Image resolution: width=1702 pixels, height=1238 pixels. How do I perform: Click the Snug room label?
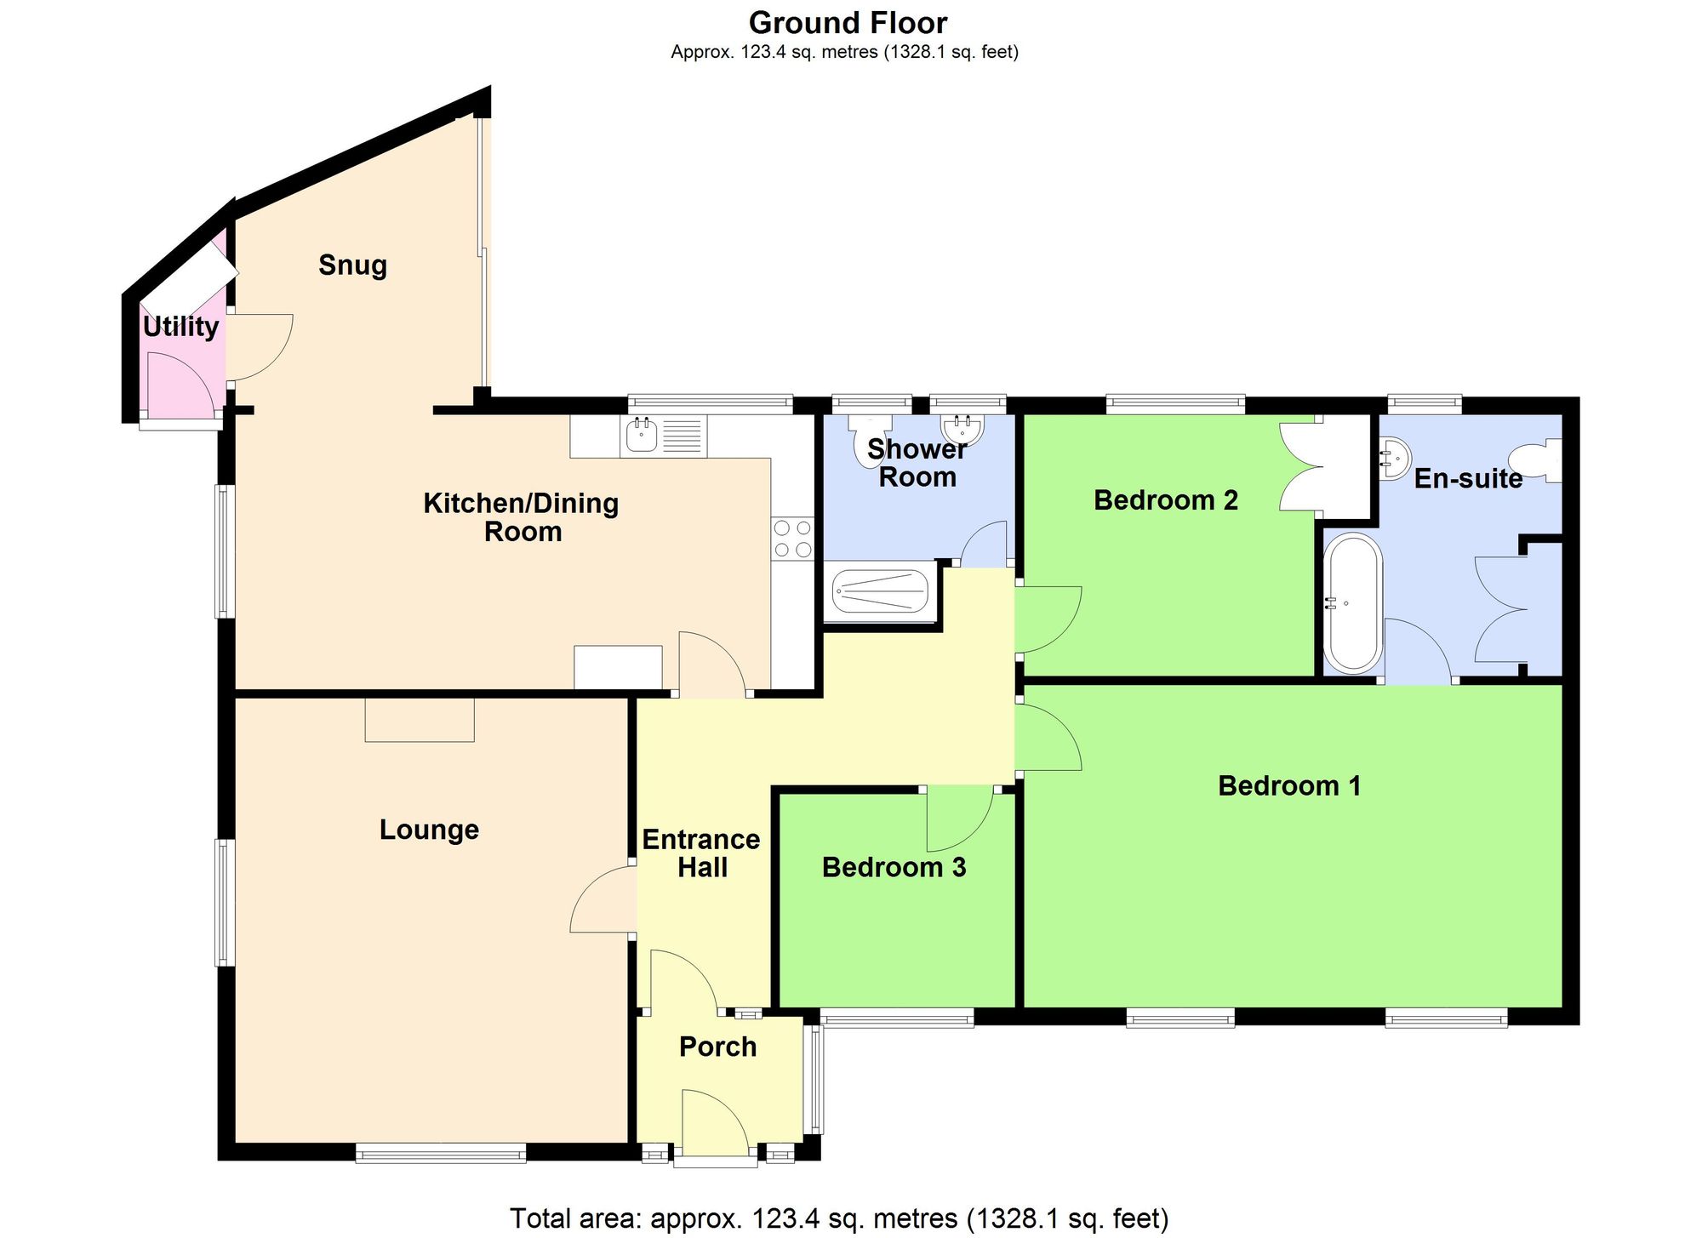coord(352,265)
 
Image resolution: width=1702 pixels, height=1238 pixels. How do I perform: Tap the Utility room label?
coord(180,327)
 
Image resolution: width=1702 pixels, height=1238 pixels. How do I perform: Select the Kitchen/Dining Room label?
coord(521,517)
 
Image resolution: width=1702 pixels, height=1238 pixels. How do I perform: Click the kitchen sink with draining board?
coord(664,436)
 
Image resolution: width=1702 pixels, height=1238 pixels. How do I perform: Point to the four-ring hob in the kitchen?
coord(792,539)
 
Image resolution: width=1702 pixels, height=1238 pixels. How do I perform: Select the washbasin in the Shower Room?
coord(962,427)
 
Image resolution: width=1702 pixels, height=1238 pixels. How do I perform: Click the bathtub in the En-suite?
coord(1351,602)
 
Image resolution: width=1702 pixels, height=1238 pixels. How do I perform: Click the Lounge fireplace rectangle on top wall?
coord(420,720)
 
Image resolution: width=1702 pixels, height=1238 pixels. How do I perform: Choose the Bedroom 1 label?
coord(1289,785)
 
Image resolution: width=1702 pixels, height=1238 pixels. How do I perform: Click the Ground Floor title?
coord(848,22)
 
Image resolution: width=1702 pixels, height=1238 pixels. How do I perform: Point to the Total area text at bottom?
coord(838,1218)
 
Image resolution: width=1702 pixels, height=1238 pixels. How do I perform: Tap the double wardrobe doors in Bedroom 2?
coord(1300,468)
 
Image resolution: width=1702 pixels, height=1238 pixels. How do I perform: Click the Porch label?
coord(717,1047)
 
